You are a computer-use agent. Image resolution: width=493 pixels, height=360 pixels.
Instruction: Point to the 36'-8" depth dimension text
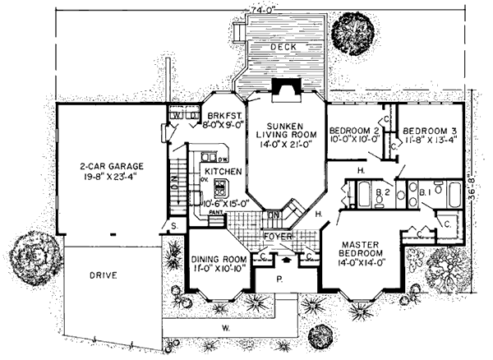(x=481, y=189)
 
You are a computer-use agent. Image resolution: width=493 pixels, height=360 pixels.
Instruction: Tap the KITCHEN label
(x=223, y=172)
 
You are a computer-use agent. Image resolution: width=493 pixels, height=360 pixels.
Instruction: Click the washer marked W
(x=175, y=117)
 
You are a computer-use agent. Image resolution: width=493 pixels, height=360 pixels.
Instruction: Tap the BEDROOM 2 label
(x=353, y=132)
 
